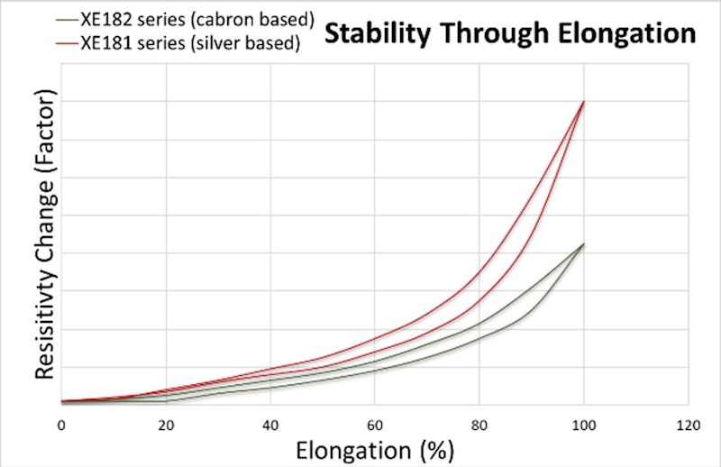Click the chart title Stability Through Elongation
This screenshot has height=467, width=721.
pyautogui.click(x=509, y=34)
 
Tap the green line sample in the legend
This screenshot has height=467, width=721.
pyautogui.click(x=65, y=17)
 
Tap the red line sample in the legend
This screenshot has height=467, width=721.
pyautogui.click(x=65, y=41)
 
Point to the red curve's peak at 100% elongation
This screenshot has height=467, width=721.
pyautogui.click(x=584, y=102)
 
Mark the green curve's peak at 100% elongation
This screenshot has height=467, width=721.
pyautogui.click(x=584, y=244)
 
